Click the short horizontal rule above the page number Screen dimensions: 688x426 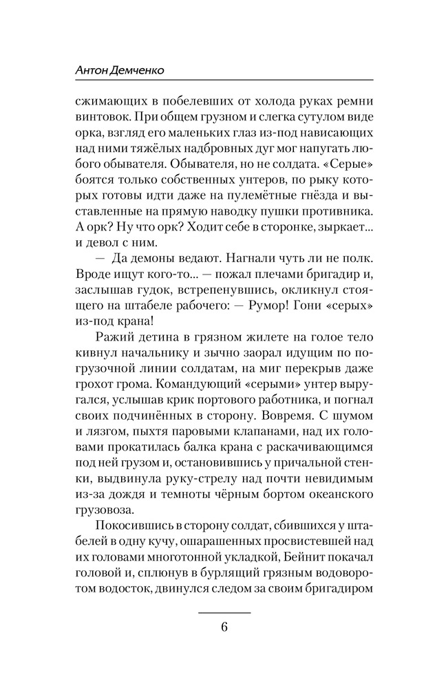click(x=224, y=612)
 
